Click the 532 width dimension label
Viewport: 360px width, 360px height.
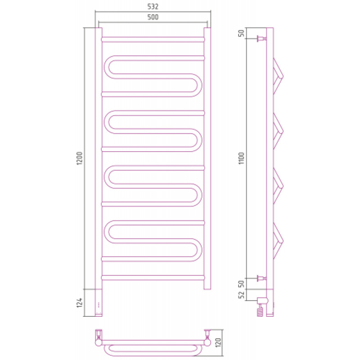pyautogui.click(x=153, y=7)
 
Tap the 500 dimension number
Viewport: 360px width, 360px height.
pyautogui.click(x=153, y=17)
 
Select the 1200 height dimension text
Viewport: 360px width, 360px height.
pyautogui.click(x=79, y=158)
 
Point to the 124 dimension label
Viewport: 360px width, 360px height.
pyautogui.click(x=79, y=302)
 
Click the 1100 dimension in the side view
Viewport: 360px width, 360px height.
pyautogui.click(x=241, y=158)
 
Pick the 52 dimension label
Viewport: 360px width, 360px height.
pyautogui.click(x=241, y=295)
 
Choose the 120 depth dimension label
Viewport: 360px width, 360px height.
pyautogui.click(x=218, y=342)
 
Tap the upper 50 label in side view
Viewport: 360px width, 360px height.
pyautogui.click(x=241, y=33)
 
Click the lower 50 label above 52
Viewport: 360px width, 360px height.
pyautogui.click(x=241, y=284)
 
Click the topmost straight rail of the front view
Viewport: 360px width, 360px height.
pyautogui.click(x=153, y=40)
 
